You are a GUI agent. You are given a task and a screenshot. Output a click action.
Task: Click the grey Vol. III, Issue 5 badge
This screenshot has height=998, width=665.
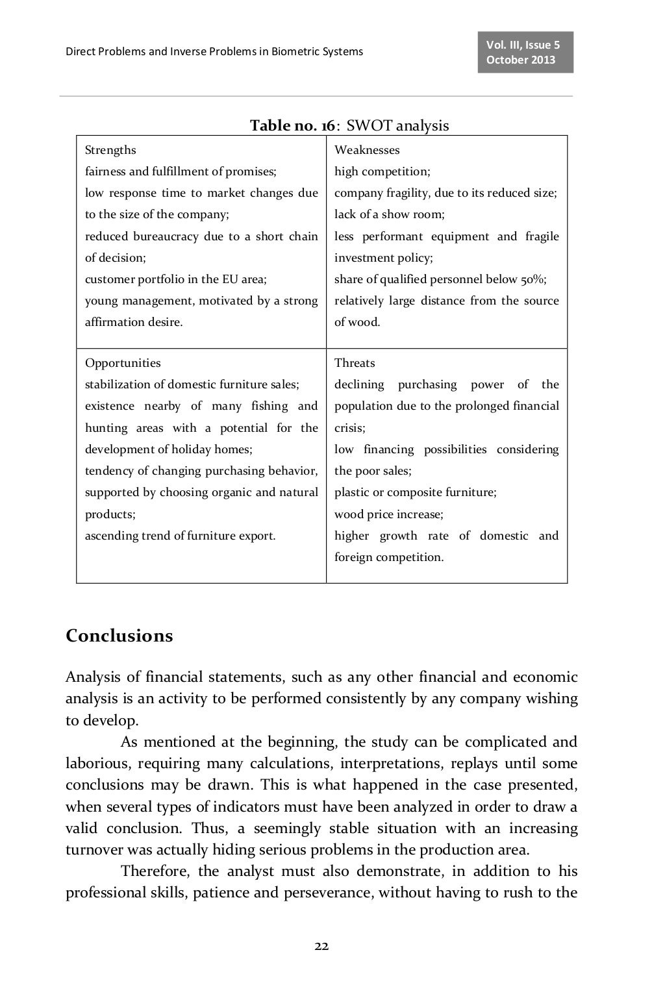[525, 52]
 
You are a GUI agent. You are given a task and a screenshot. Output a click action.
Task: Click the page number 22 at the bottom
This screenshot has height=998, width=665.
[321, 946]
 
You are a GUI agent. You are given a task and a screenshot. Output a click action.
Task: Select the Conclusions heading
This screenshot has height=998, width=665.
[119, 635]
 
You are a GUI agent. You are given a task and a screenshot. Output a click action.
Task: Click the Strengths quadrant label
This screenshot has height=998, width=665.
[110, 150]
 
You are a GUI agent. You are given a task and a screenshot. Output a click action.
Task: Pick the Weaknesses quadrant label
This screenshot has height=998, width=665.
[367, 150]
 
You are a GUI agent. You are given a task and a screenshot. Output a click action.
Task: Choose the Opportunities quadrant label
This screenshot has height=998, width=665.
[123, 363]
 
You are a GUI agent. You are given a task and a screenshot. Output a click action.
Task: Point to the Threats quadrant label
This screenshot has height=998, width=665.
[355, 363]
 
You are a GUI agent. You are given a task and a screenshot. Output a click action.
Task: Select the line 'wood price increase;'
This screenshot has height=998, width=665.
[388, 514]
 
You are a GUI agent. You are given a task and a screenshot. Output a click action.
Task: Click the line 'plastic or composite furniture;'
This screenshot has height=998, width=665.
[415, 492]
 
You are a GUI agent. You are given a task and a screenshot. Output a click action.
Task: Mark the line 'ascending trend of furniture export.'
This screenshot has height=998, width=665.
[180, 536]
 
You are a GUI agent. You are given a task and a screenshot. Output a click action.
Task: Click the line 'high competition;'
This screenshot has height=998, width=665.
[382, 171]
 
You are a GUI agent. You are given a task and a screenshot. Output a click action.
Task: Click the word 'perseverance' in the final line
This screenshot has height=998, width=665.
[327, 892]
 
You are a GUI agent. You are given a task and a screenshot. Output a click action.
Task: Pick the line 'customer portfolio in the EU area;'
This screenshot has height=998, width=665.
[176, 279]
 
